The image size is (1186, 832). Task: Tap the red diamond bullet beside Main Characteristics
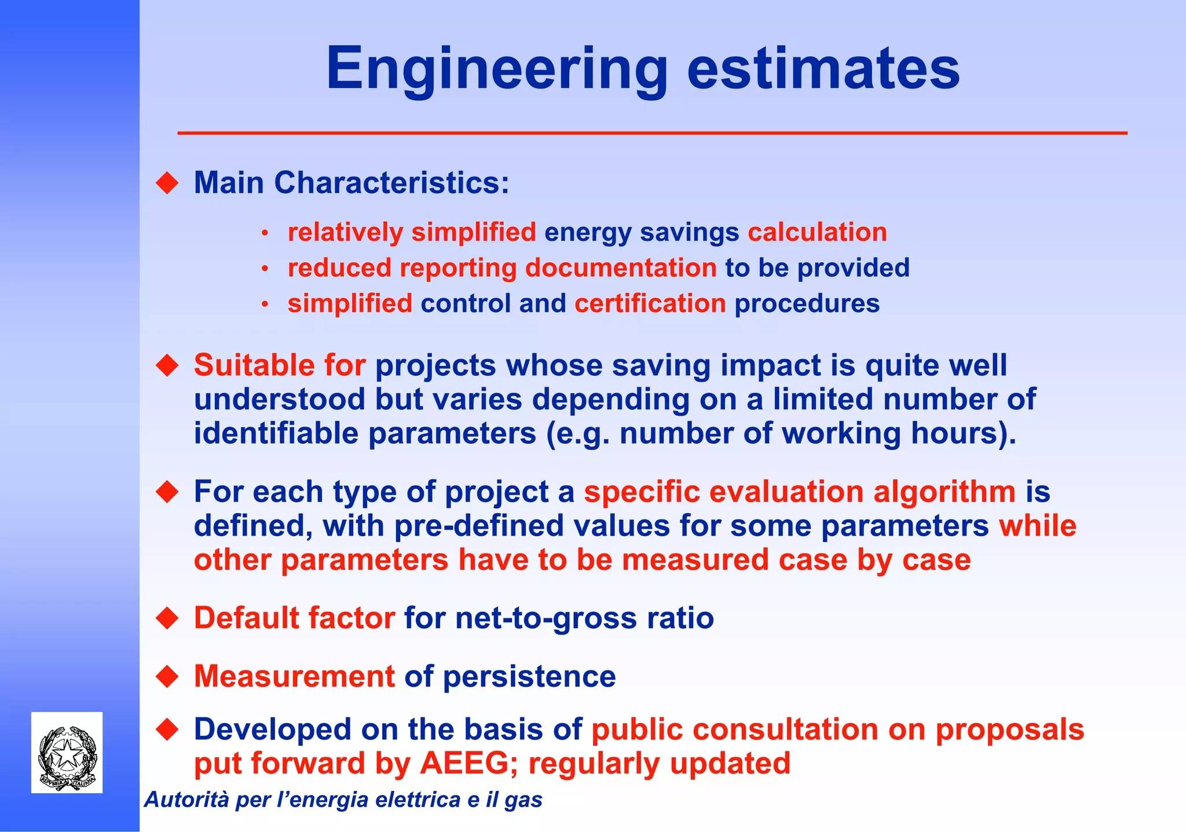point(167,183)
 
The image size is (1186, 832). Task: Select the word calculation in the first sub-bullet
point(817,232)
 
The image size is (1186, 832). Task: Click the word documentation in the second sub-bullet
point(621,268)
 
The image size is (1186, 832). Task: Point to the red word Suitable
point(254,365)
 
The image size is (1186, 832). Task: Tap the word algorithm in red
point(944,492)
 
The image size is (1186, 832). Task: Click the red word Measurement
point(294,676)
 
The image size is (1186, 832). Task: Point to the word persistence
point(529,676)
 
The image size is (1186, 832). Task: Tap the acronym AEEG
point(464,763)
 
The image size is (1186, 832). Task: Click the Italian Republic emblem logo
point(67,753)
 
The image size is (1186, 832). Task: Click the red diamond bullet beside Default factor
point(167,618)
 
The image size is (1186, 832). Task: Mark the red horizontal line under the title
point(652,133)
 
